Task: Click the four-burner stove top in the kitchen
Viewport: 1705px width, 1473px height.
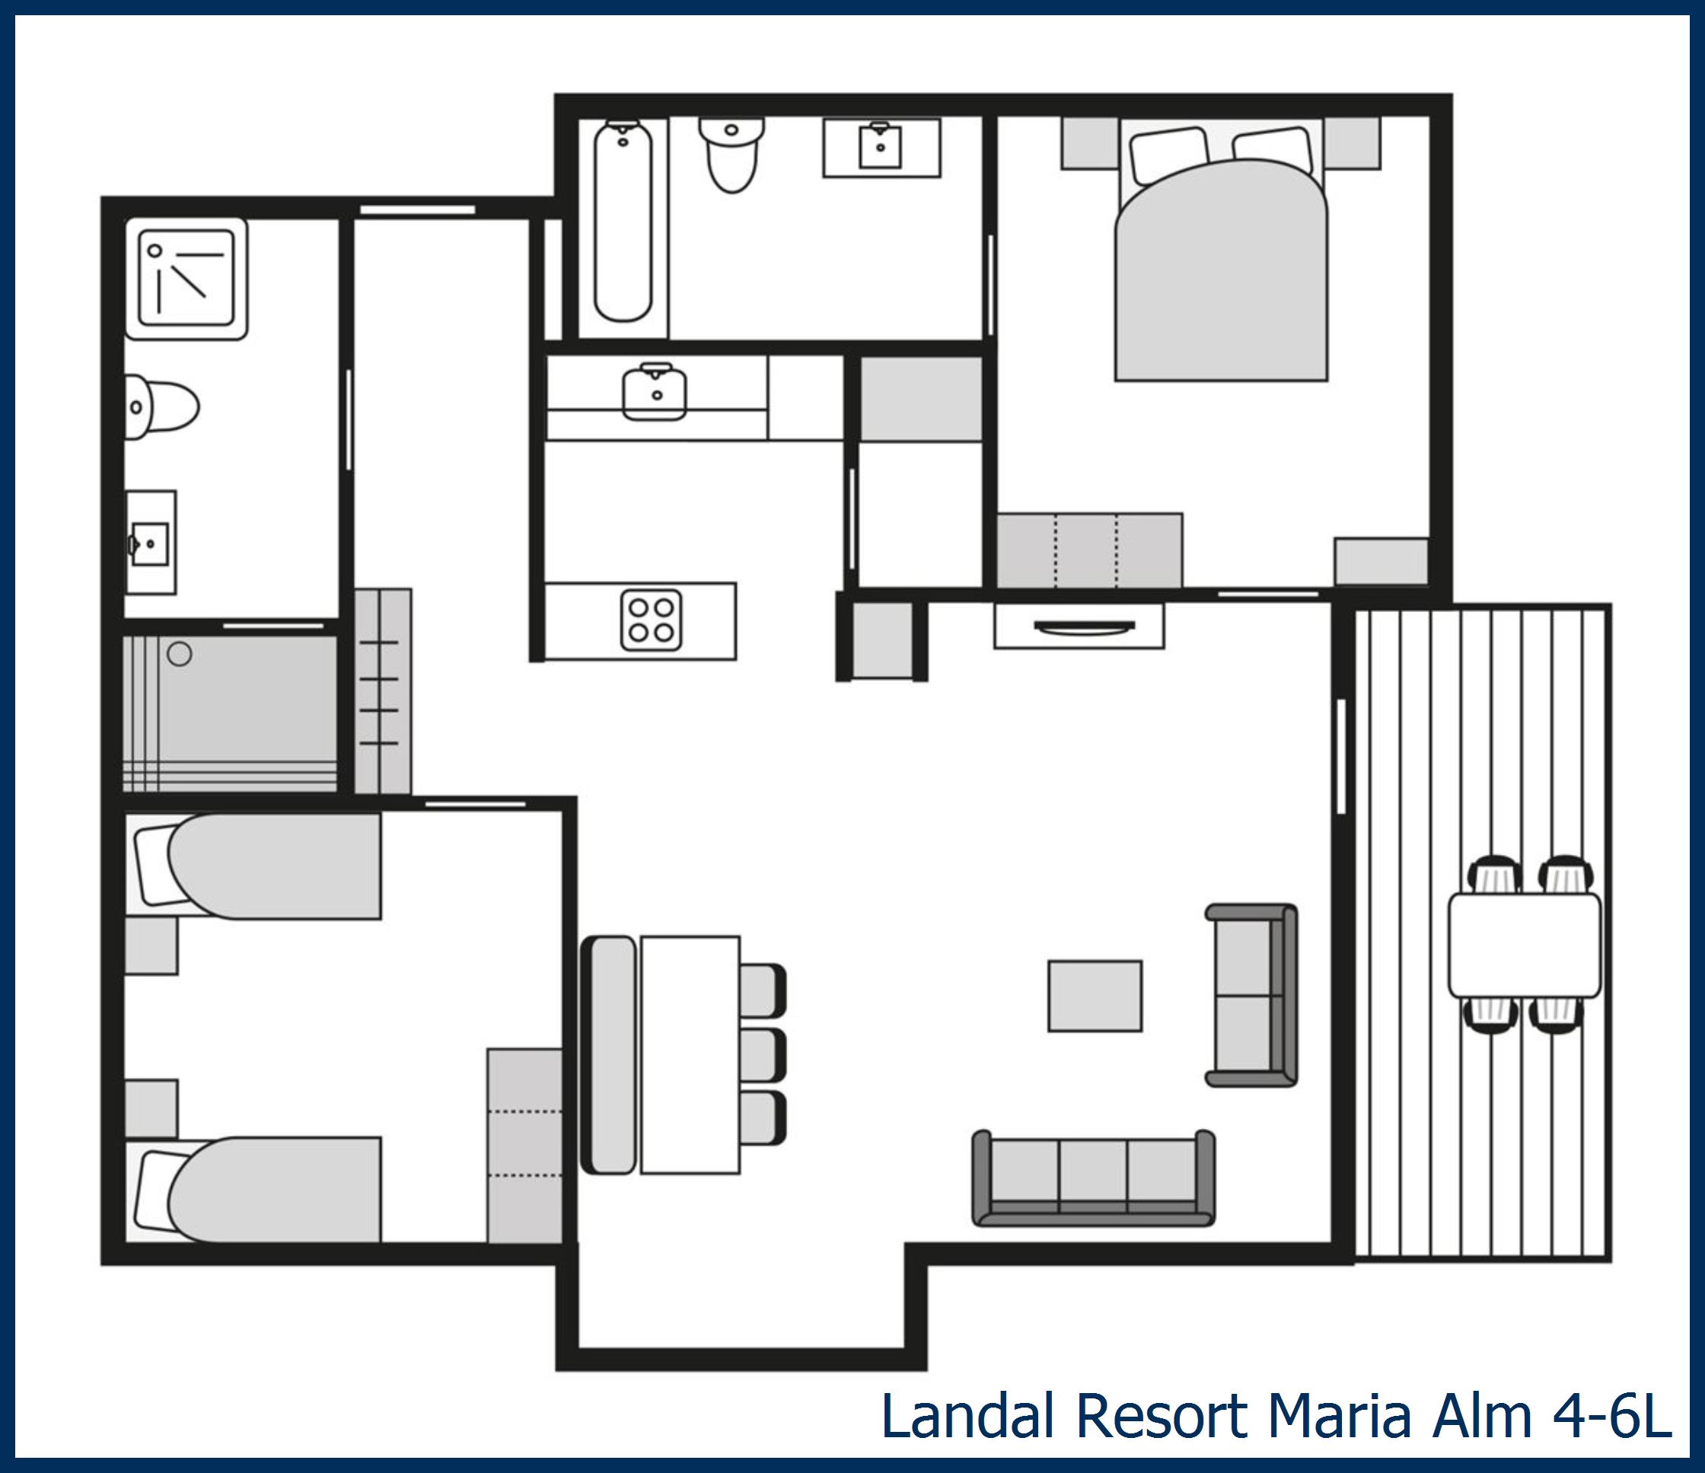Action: point(651,620)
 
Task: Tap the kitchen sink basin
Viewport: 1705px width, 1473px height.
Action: point(654,392)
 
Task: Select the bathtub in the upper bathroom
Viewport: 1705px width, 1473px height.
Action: point(623,221)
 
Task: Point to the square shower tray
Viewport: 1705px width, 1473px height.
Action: point(186,278)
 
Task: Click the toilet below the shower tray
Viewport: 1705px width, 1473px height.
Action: point(162,407)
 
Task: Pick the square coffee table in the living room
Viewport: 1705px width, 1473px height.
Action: point(1095,996)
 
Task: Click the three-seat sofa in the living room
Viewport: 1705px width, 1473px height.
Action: point(1094,1178)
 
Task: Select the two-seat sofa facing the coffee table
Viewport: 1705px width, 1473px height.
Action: point(1251,995)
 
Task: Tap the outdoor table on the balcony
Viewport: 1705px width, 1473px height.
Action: point(1524,945)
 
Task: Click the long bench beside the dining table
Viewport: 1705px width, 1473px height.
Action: point(609,1054)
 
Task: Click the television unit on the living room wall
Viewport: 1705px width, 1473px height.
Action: point(1079,626)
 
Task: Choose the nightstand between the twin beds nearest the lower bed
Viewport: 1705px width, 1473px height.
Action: point(151,1108)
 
